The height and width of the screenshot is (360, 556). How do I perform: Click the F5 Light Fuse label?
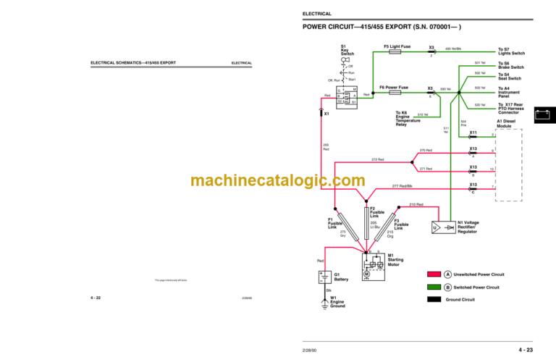396,46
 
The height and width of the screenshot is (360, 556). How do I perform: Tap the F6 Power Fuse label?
396,87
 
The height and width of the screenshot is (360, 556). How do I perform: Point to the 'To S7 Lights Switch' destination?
511,51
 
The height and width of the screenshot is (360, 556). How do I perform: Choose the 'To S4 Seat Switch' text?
508,76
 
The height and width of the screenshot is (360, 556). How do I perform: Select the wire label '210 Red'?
416,205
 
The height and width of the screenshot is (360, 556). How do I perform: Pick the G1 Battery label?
342,277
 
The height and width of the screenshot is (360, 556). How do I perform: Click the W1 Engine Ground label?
338,301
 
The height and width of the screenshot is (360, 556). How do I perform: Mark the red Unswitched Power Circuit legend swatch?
434,275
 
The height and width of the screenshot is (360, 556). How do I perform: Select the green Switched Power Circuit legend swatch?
434,287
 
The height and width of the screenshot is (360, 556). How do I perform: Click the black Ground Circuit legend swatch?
434,299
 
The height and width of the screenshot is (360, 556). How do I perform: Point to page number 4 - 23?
526,351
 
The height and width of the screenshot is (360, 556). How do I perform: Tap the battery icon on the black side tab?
543,114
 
